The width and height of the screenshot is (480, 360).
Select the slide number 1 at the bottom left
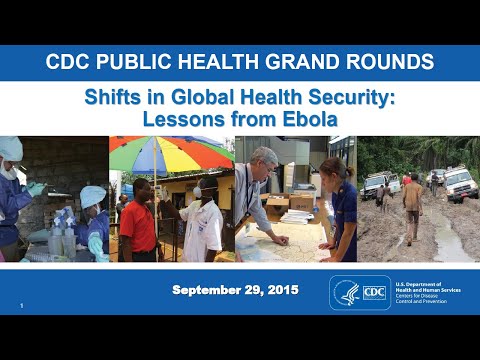21,304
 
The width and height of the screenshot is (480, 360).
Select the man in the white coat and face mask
203,220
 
